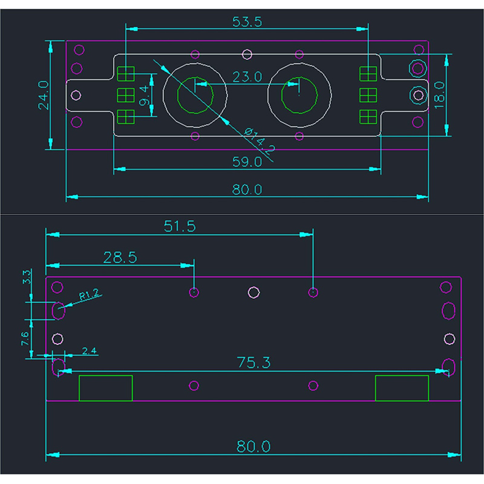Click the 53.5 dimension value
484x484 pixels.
coord(247,22)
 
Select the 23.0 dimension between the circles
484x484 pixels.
coord(247,77)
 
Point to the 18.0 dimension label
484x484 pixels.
coord(457,94)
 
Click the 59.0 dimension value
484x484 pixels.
coord(247,162)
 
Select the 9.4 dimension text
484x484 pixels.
coord(143,96)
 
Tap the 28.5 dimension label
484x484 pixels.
coord(120,257)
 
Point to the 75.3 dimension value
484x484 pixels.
coord(253,362)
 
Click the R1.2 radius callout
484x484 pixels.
coord(90,296)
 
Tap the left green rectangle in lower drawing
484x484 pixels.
coord(106,388)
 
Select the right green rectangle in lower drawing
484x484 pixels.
coord(402,388)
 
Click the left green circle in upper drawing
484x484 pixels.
coord(195,96)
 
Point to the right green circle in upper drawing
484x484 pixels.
coord(299,96)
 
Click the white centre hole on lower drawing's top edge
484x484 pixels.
coord(254,293)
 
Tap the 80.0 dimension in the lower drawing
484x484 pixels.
coord(253,446)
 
